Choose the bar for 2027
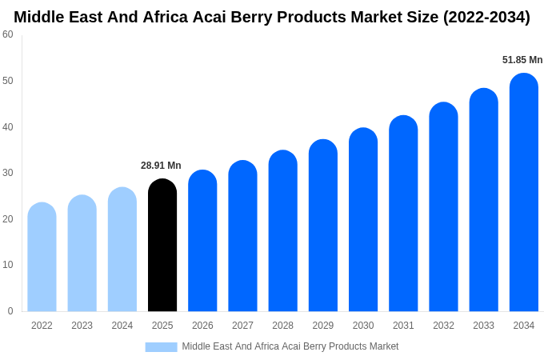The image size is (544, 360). [x=242, y=236]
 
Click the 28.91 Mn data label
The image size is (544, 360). [x=161, y=166]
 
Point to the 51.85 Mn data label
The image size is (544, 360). [x=522, y=60]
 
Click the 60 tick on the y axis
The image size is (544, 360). [x=8, y=34]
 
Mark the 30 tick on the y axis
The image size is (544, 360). [x=8, y=173]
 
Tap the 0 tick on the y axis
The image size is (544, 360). [x=10, y=311]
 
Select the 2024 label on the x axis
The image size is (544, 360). [x=122, y=326]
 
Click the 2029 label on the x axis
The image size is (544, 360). [x=323, y=326]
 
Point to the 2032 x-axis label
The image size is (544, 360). [x=443, y=326]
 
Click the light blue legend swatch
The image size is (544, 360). [x=161, y=347]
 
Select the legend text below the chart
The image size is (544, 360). [x=290, y=346]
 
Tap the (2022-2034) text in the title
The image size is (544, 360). [x=486, y=17]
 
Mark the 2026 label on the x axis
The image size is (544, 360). [x=202, y=326]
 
